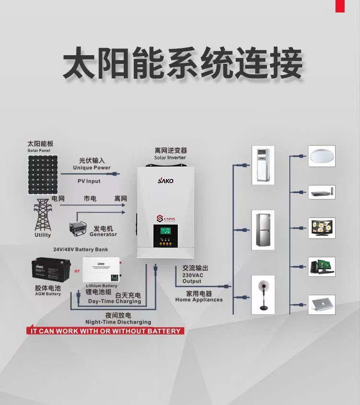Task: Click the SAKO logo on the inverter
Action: pyautogui.click(x=166, y=181)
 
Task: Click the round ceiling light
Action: pyautogui.click(x=322, y=156)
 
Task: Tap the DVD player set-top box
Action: pyautogui.click(x=322, y=193)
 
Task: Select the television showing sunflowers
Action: pyautogui.click(x=322, y=227)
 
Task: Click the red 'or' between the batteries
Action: pyautogui.click(x=77, y=271)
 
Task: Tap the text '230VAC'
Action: pyautogui.click(x=192, y=275)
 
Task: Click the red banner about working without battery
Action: pyautogui.click(x=105, y=331)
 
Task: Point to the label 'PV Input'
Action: pyautogui.click(x=89, y=181)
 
